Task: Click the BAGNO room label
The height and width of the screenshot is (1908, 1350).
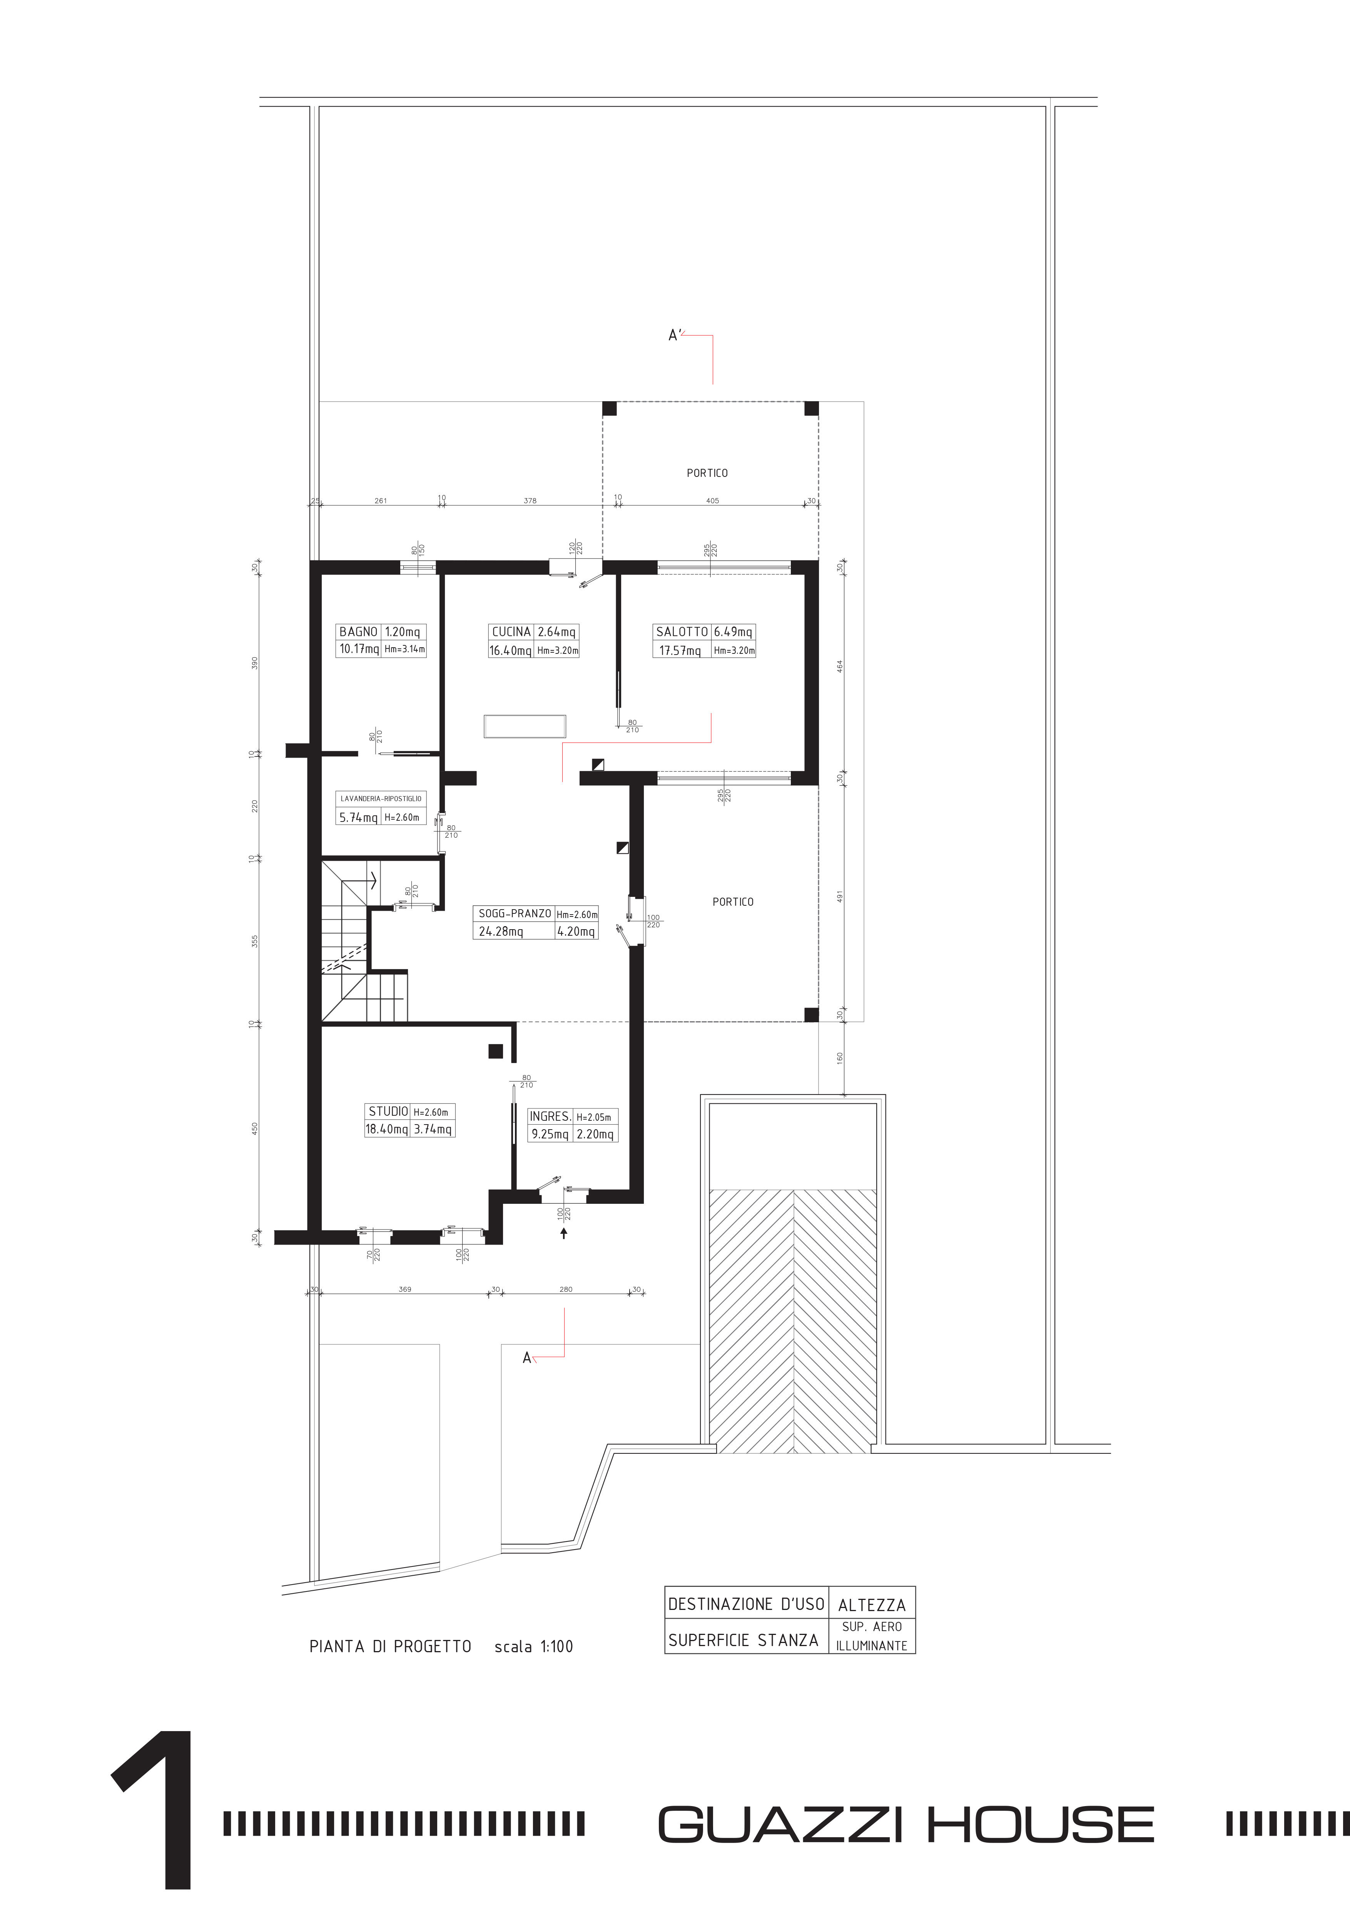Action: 358,632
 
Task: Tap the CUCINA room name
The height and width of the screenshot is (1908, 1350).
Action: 511,632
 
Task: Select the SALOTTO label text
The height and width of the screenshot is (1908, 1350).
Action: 682,632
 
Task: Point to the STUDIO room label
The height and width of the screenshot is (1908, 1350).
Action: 388,1111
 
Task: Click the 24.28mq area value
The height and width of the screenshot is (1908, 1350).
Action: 501,932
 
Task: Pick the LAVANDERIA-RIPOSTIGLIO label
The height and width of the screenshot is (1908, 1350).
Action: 381,798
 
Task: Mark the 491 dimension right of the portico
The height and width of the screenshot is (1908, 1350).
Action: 840,898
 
